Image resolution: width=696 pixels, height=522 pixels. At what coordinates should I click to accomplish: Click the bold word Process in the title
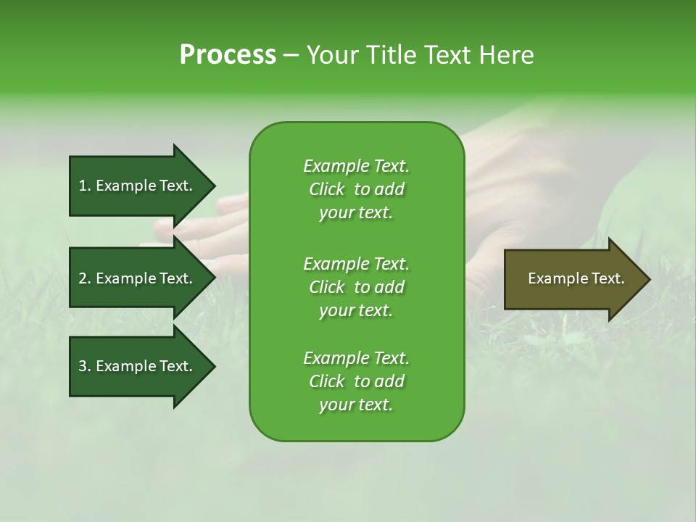(x=228, y=55)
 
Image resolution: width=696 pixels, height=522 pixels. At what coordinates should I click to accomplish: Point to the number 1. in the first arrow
(x=85, y=186)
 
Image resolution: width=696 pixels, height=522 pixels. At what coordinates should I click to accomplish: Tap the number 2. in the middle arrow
(x=85, y=278)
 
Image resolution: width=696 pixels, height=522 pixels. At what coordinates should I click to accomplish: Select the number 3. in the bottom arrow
(x=85, y=366)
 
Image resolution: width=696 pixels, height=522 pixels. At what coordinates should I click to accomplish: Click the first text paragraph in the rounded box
(x=356, y=189)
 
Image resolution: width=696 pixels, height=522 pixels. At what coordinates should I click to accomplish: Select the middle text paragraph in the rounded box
(x=356, y=287)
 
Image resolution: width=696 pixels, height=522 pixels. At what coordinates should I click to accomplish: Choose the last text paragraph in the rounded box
(x=356, y=381)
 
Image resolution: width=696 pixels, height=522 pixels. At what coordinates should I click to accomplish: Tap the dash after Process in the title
(x=291, y=55)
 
